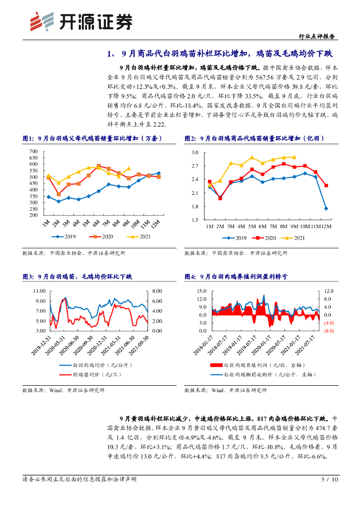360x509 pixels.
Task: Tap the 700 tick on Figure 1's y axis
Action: pyautogui.click(x=33, y=151)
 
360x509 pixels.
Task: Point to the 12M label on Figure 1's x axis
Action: pyautogui.click(x=156, y=225)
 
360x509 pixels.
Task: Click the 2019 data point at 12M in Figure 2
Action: pyautogui.click(x=326, y=208)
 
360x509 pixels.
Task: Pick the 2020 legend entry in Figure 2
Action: pyautogui.click(x=264, y=238)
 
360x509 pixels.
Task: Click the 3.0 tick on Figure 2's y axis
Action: pyautogui.click(x=195, y=152)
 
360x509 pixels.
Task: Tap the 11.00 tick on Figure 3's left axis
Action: pyautogui.click(x=39, y=290)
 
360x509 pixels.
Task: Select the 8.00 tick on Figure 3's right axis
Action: pyautogui.click(x=157, y=290)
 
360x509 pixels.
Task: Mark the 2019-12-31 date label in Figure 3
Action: pyautogui.click(x=42, y=344)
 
